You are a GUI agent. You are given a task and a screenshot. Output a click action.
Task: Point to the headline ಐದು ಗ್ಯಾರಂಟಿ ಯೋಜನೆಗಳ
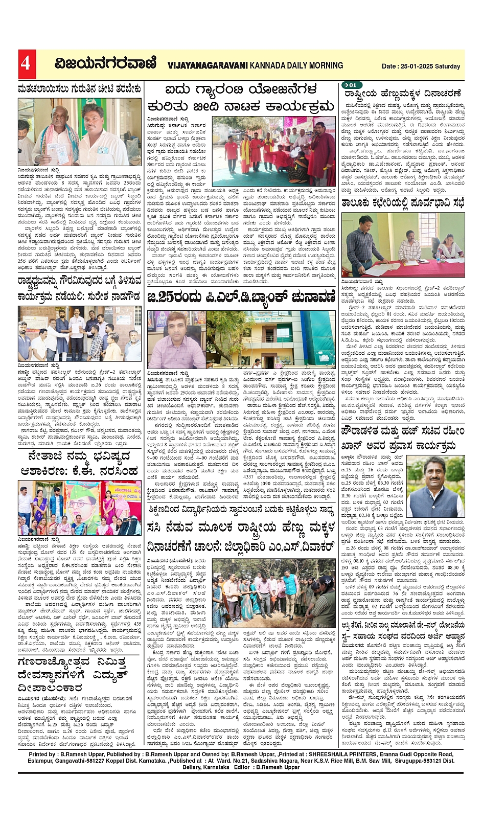click(240, 90)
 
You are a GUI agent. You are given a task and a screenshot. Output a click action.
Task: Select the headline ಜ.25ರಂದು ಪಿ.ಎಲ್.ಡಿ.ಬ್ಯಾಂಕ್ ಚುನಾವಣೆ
click(241, 298)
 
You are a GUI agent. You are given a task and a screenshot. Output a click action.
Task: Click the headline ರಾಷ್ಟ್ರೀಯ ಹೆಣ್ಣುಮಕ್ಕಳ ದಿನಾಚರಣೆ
click(403, 94)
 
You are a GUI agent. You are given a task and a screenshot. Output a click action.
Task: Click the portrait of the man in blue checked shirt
click(175, 338)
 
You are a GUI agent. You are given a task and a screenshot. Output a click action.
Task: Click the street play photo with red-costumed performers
click(266, 145)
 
